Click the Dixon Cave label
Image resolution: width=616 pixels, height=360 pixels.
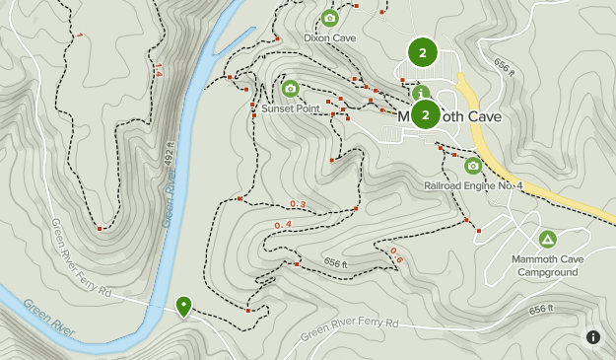[329, 38]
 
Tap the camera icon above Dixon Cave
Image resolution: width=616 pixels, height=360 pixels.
[329, 18]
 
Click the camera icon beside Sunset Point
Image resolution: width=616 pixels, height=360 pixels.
[290, 89]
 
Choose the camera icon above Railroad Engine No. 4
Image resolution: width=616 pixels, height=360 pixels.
[473, 166]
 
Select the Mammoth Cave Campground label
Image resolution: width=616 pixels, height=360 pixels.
[547, 265]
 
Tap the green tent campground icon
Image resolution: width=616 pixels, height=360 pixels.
[547, 239]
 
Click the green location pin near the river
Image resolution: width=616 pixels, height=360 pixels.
[183, 306]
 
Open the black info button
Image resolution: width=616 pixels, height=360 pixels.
[593, 337]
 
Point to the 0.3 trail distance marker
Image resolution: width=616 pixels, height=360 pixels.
[298, 204]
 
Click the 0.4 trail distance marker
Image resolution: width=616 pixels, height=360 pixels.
[283, 226]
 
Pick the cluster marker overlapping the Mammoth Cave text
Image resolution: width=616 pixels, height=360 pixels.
[425, 115]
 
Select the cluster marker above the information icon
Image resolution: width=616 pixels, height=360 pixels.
[423, 51]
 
